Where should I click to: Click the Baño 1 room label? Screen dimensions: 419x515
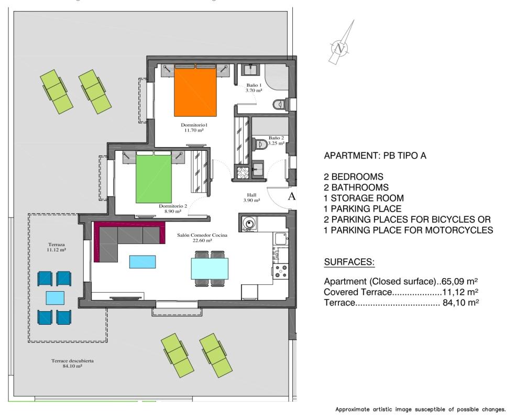pyautogui.click(x=254, y=87)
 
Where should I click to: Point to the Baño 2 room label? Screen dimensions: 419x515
pyautogui.click(x=276, y=140)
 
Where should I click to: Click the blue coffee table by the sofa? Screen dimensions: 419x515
pyautogui.click(x=142, y=261)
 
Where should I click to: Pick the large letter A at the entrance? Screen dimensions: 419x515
pyautogui.click(x=292, y=196)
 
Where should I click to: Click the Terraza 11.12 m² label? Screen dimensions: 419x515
pyautogui.click(x=54, y=247)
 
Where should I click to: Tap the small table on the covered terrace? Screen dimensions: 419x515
pyautogui.click(x=54, y=297)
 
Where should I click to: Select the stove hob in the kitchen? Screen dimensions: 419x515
pyautogui.click(x=279, y=271)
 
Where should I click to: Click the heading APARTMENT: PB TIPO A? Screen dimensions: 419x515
pyautogui.click(x=377, y=156)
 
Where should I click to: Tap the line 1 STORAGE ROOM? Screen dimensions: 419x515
pyautogui.click(x=364, y=197)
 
